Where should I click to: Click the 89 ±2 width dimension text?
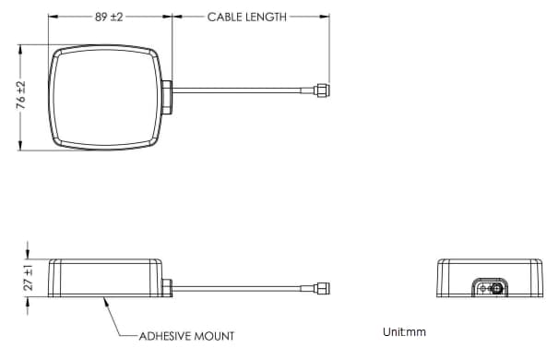pyautogui.click(x=110, y=18)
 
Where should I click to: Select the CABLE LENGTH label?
pyautogui.click(x=246, y=18)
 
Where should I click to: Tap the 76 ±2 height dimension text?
pyautogui.click(x=20, y=96)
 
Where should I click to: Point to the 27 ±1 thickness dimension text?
pyautogui.click(x=29, y=278)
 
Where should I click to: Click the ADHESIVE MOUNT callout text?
pyautogui.click(x=186, y=336)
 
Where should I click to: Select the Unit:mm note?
pyautogui.click(x=404, y=331)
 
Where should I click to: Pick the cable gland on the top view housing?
pyautogui.click(x=167, y=96)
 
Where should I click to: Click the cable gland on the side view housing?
pyautogui.click(x=167, y=288)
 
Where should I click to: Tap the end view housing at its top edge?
pyautogui.click(x=489, y=261)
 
